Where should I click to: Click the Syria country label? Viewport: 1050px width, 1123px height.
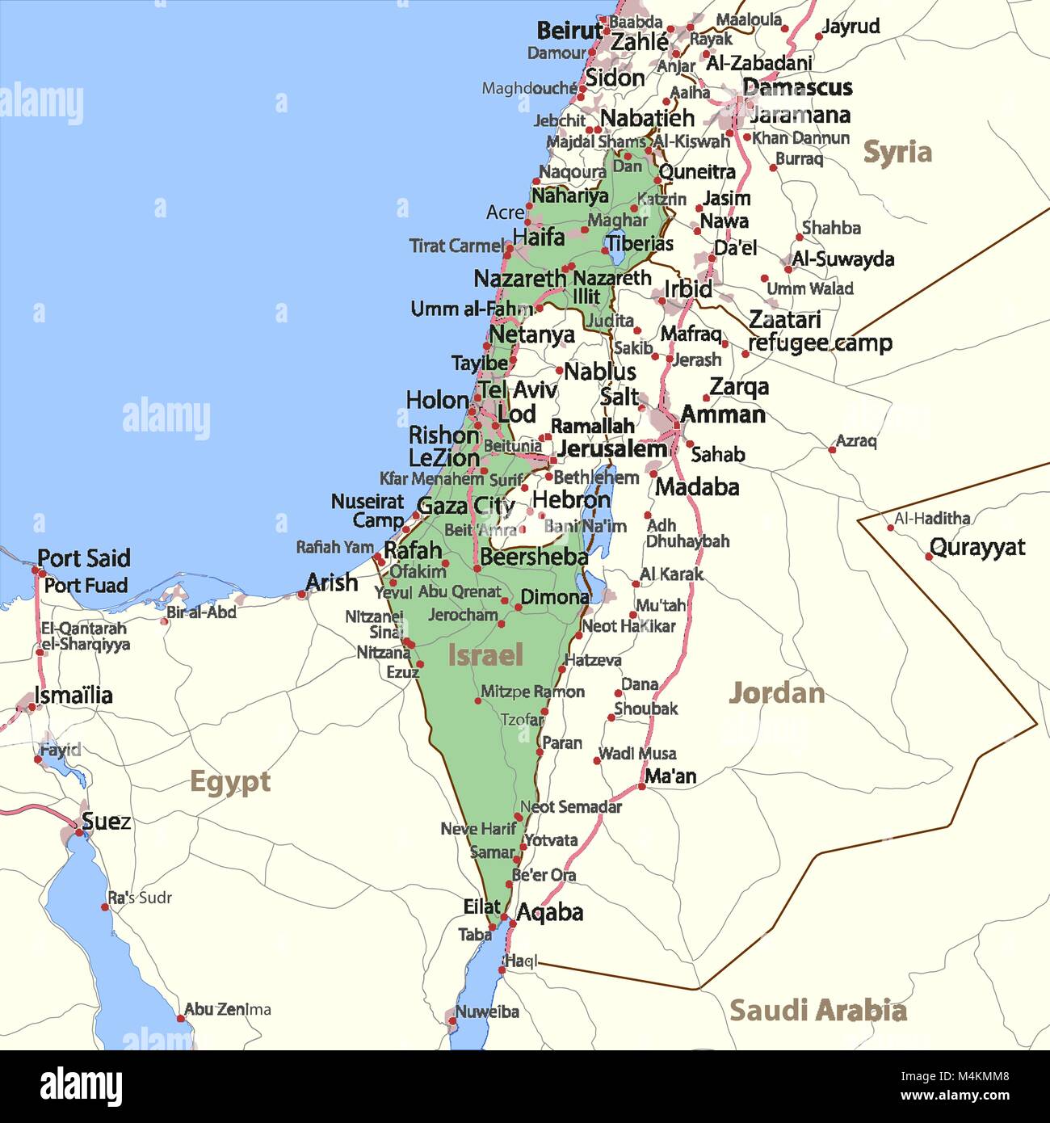(897, 152)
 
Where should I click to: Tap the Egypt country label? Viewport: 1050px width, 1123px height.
(229, 782)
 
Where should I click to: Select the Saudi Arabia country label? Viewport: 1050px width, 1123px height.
(817, 1010)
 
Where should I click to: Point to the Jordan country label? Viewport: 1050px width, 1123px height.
(776, 693)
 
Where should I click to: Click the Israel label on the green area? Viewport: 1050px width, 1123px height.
(485, 655)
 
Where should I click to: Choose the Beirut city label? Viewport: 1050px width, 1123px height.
(569, 31)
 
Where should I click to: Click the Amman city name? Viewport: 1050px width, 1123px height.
(722, 414)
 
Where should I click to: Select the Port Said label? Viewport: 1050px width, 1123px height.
(83, 558)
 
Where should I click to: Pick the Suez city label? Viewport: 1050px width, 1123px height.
(106, 822)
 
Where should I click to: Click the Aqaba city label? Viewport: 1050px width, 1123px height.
(549, 912)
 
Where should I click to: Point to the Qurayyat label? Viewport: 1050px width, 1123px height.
(976, 547)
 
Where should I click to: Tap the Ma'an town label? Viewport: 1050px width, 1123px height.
(670, 776)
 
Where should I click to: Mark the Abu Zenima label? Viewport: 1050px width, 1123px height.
(227, 1009)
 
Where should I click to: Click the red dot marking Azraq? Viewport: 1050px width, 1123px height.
(833, 449)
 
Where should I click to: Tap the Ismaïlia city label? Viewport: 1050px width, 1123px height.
(73, 695)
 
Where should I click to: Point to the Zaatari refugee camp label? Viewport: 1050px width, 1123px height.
(819, 331)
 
